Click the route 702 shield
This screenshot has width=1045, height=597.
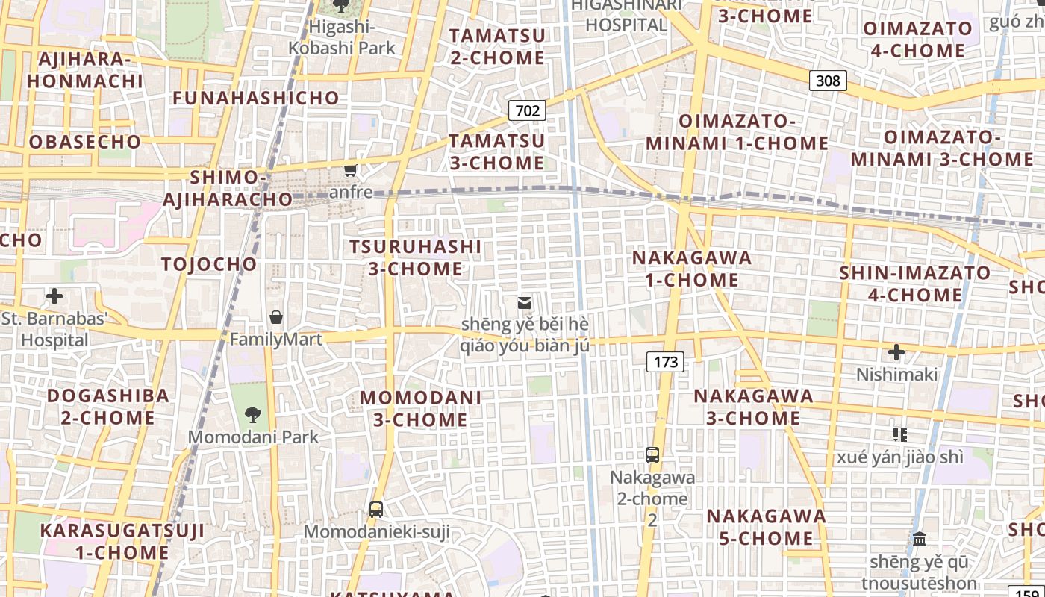point(527,111)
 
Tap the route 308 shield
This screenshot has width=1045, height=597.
point(828,80)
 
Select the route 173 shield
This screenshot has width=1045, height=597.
point(665,362)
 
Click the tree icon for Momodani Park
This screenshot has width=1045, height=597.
point(253,415)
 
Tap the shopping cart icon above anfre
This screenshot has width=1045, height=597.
point(350,170)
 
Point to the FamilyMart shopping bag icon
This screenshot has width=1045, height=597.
point(276,317)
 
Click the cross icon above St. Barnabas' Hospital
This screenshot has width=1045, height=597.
point(54,296)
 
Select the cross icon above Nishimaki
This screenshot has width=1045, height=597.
point(896,352)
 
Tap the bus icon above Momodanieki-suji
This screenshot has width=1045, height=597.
point(376,510)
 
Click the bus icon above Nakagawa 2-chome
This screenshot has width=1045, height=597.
point(652,454)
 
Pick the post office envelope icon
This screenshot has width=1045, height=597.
point(525,302)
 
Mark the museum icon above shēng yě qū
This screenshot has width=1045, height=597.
point(920,539)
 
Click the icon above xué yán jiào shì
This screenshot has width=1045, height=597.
point(899,434)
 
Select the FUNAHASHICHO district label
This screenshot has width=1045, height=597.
point(256,98)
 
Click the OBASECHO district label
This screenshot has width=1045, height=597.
point(84,142)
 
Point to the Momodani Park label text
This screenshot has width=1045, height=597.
point(253,437)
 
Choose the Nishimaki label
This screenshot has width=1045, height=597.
point(896,374)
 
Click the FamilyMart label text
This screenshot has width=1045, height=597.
point(275,340)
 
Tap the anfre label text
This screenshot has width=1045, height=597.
point(351,192)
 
